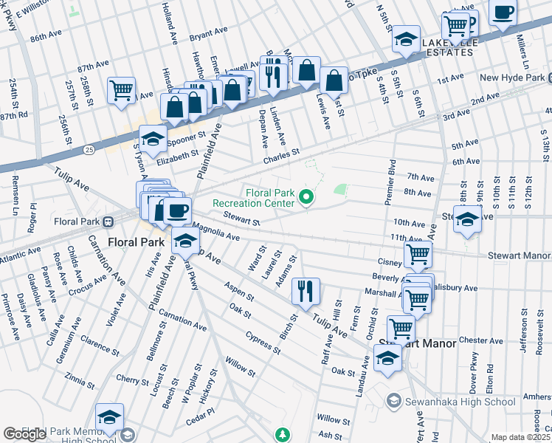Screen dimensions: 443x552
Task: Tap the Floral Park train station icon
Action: tap(108, 220)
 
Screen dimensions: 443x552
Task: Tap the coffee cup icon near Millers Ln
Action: tap(503, 13)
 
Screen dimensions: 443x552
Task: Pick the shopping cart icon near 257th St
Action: tap(121, 91)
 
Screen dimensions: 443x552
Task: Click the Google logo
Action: tap(25, 433)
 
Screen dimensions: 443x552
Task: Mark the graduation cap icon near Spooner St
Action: tap(153, 138)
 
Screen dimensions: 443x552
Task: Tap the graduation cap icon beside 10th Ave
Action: tap(466, 219)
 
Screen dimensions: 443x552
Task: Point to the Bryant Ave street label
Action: tap(208, 33)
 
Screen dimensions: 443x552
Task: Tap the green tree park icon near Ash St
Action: tap(280, 433)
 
